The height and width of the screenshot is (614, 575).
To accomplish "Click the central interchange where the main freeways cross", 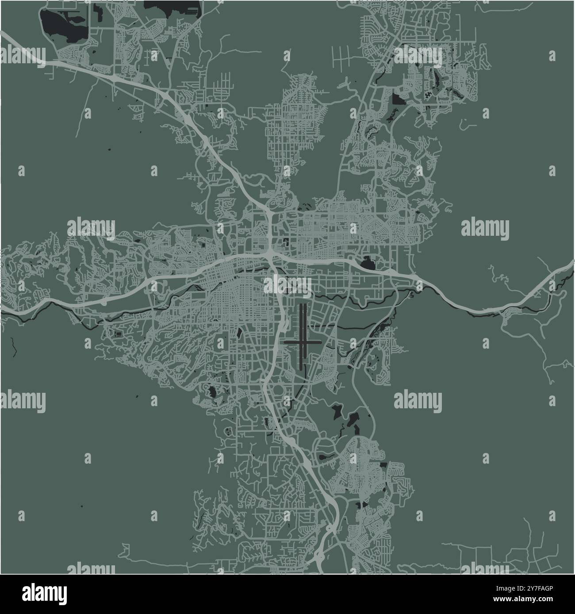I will coord(269,255).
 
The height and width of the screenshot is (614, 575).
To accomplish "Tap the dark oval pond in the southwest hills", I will coord(213,391).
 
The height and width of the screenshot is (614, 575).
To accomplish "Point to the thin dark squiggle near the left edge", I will coord(14,347).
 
